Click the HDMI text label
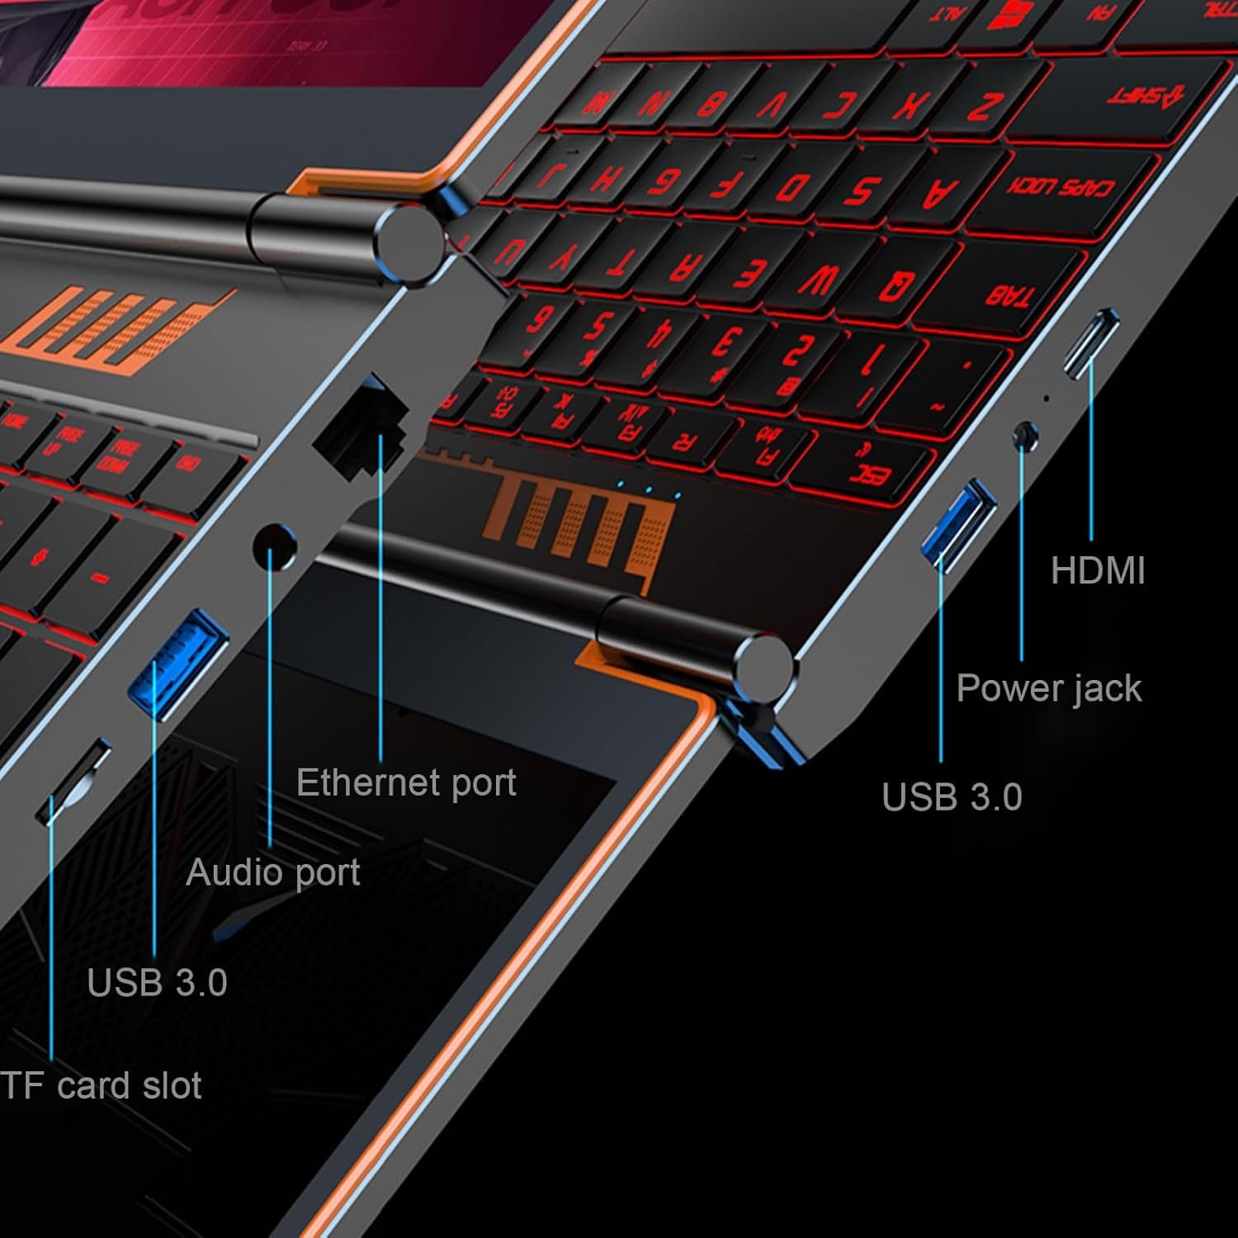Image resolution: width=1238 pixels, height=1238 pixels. [1098, 571]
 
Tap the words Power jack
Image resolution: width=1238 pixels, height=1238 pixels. [1048, 688]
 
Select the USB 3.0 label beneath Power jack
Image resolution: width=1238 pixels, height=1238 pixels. [952, 797]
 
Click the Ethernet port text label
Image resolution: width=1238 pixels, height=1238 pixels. [406, 782]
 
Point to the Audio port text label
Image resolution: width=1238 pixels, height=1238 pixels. [273, 872]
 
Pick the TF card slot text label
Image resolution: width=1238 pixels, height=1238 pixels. [101, 1085]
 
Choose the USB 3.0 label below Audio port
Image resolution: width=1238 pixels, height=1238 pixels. [157, 982]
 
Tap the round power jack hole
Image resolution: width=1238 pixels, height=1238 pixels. [1025, 434]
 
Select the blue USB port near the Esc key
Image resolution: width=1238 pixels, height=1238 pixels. [959, 522]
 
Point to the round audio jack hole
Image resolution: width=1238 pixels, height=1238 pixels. [274, 547]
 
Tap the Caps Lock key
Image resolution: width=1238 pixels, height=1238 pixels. [1059, 188]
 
